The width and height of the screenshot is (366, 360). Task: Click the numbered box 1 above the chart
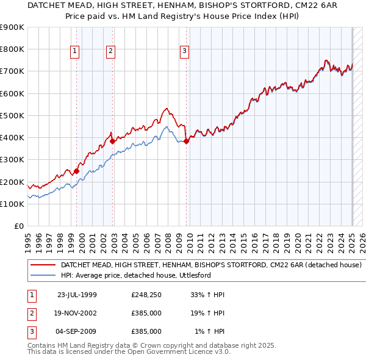(x=74, y=51)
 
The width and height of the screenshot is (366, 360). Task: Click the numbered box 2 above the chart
(x=110, y=51)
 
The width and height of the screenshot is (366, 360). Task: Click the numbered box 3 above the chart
(x=184, y=51)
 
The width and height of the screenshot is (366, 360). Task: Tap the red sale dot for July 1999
(x=76, y=171)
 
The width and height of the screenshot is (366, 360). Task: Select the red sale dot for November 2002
(x=113, y=141)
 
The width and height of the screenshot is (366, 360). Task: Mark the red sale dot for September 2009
(x=186, y=141)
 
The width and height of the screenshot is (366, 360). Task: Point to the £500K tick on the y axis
(x=12, y=115)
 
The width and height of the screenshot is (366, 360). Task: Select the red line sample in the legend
(x=43, y=265)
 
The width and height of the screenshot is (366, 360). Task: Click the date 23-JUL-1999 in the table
(x=77, y=295)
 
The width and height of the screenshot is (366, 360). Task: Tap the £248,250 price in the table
(x=146, y=295)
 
